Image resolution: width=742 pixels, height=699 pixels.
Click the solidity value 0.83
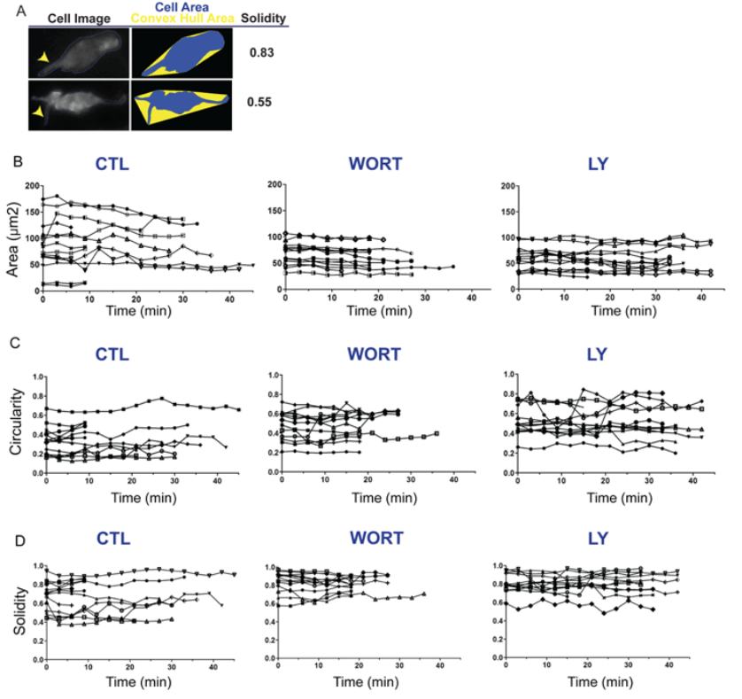(263, 53)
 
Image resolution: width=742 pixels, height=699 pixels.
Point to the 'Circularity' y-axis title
(12, 423)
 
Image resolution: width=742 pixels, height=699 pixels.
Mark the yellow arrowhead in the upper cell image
(43, 58)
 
